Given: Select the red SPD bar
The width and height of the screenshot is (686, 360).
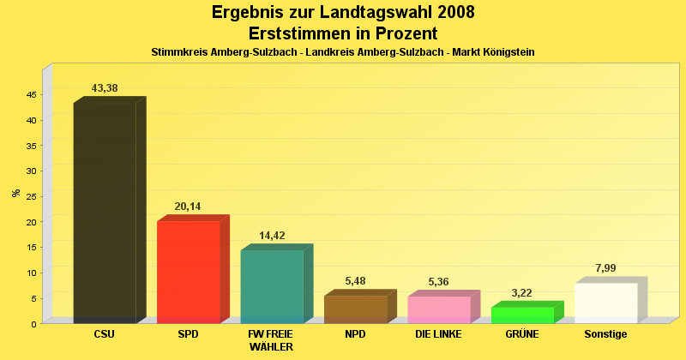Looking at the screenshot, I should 189,272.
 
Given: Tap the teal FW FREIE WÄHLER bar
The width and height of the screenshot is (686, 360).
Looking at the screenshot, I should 272,286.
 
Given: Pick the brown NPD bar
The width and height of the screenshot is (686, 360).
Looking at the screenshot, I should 355,309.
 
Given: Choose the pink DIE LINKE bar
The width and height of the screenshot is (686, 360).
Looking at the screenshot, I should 439,309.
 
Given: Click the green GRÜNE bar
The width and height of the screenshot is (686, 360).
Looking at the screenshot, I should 522,315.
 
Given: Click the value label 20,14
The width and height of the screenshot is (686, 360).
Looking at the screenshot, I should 189,207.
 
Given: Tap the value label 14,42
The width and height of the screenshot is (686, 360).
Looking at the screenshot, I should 272,236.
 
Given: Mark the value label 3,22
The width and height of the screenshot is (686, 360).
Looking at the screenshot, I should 522,293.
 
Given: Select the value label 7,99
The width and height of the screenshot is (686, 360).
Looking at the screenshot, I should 605,268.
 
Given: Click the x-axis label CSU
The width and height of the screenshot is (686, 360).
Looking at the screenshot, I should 104,334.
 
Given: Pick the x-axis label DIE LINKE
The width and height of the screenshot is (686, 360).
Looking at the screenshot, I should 438,334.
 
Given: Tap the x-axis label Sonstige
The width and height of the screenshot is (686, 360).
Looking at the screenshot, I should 605,334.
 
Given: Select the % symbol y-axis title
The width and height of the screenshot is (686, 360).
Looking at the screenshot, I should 15,193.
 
